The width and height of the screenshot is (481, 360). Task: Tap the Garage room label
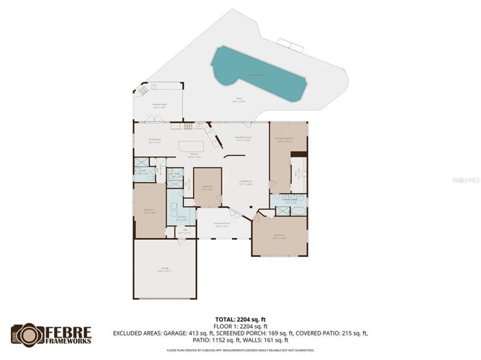click(164, 270)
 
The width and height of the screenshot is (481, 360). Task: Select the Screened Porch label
click(222, 224)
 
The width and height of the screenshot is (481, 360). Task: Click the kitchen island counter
click(191, 147)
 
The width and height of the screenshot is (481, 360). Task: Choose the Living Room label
click(246, 183)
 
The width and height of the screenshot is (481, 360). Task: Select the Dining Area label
click(155, 141)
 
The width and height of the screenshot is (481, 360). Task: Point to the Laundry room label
click(182, 219)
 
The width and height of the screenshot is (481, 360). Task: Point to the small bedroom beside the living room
click(207, 187)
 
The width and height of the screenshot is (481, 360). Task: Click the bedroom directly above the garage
click(149, 212)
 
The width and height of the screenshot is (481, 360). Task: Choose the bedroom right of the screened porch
click(280, 237)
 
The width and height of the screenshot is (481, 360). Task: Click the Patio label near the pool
click(239, 100)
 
